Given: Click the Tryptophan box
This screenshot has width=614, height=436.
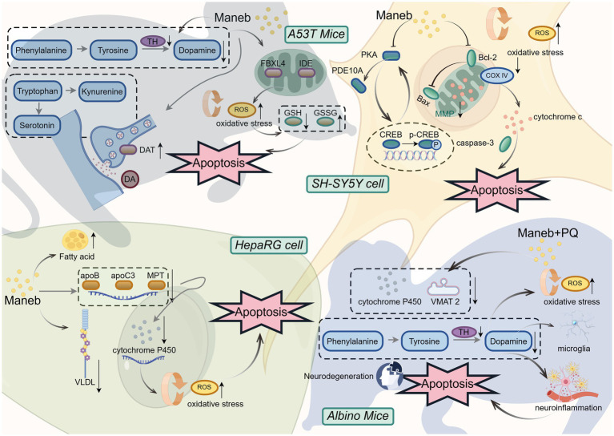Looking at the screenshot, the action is point(37,91).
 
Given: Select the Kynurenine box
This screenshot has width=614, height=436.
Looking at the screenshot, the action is point(102,91).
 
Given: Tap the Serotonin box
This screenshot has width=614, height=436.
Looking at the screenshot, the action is point(37,126).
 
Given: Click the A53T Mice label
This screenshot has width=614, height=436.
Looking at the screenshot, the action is point(316,34).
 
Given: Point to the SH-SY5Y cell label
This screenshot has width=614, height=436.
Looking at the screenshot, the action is point(347,184).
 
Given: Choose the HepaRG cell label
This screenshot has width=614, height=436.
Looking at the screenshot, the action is point(269,245).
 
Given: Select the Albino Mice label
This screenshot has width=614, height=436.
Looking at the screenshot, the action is point(358,416).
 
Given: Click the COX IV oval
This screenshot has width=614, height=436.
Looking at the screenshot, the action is point(496,75).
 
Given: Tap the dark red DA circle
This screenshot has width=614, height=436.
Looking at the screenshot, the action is point(130,180).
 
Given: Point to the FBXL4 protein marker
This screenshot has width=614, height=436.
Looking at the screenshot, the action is point(273,73).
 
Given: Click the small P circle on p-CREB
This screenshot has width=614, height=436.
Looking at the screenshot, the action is point(435,145).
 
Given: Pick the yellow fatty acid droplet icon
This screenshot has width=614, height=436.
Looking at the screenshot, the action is point(75,240).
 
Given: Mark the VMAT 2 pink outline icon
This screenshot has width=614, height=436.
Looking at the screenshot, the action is point(443,288).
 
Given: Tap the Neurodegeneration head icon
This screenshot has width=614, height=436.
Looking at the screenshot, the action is point(389,376).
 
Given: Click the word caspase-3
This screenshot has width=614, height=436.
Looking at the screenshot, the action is point(475,143).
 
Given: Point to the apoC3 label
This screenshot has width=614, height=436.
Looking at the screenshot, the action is point(122,275).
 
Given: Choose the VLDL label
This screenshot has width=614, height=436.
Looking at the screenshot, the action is point(85,381).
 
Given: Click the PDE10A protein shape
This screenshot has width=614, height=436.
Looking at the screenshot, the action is point(359,86).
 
